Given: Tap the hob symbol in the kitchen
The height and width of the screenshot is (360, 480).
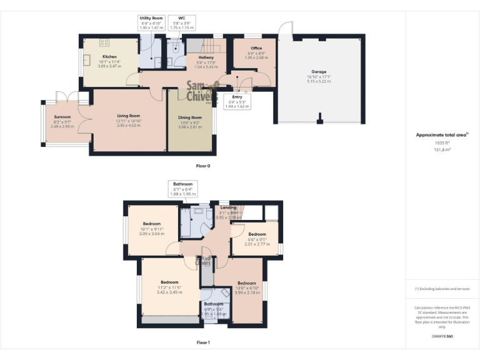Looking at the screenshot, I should pos(104,42).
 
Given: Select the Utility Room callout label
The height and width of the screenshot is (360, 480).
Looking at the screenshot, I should pos(150,23).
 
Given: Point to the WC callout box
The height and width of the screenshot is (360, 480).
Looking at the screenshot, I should pos(182,23).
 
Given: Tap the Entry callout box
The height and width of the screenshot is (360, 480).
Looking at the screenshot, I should pos(237,101).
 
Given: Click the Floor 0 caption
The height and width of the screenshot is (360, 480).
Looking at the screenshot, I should pos(203,166).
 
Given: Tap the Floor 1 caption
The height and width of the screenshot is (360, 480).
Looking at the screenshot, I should pos(203,342).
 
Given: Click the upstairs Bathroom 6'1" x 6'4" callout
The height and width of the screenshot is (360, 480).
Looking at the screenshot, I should pos(183,189).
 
